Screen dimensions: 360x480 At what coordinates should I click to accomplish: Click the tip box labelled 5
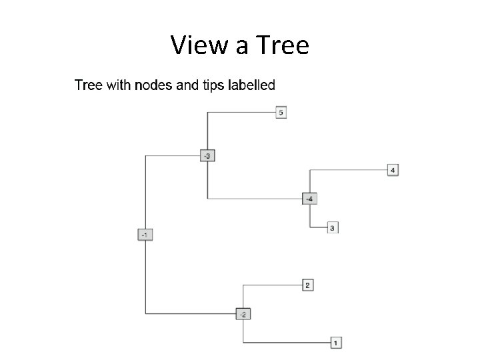[281, 113]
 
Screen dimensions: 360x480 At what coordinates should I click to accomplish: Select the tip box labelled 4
[393, 171]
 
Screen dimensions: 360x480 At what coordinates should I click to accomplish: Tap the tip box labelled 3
[333, 228]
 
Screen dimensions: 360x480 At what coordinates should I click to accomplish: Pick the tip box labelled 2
[307, 285]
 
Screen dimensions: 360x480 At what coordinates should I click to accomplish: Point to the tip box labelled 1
[336, 343]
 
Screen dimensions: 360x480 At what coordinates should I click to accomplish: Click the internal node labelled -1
[145, 234]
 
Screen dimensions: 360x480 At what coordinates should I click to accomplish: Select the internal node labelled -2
[244, 314]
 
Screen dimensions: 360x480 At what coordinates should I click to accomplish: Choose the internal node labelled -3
[207, 156]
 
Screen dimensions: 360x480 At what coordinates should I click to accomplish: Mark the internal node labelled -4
[310, 199]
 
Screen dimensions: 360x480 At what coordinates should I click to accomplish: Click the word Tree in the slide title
[281, 45]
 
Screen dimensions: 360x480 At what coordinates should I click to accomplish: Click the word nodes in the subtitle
[155, 85]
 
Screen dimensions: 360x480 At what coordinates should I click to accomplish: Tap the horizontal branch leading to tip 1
[287, 343]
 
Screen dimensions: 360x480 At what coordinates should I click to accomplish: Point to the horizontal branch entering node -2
[191, 314]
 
